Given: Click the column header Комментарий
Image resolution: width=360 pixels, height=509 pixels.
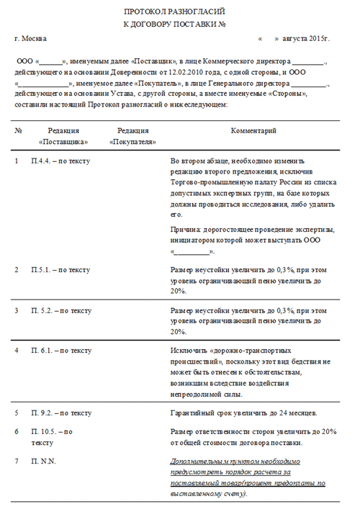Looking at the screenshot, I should (253, 131).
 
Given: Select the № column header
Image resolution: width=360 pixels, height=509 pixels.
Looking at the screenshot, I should (19, 131).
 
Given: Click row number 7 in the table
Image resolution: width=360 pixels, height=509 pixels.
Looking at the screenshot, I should (17, 460).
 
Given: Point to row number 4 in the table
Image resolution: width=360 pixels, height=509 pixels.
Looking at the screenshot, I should (17, 351).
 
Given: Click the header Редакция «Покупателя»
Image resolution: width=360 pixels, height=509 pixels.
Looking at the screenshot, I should (132, 137).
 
